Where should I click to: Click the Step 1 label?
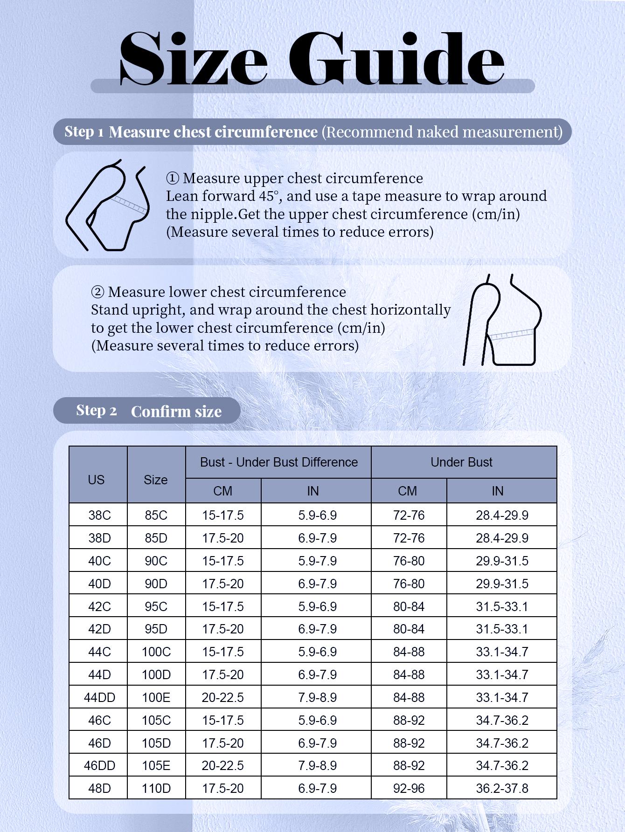pyautogui.click(x=84, y=132)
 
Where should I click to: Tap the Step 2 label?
pyautogui.click(x=96, y=411)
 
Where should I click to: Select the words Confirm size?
pyautogui.click(x=176, y=412)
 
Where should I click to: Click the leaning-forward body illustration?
pyautogui.click(x=107, y=205)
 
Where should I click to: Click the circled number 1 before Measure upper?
pyautogui.click(x=172, y=179)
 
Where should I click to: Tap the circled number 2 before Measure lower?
pyautogui.click(x=97, y=292)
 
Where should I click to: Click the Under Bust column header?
pyautogui.click(x=461, y=462)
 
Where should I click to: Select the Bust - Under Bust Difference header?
pyautogui.click(x=278, y=462)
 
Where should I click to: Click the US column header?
pyautogui.click(x=96, y=480)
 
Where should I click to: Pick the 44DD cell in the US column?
pyautogui.click(x=99, y=698)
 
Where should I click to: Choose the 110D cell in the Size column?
pyautogui.click(x=156, y=789)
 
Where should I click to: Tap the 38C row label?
pyautogui.click(x=99, y=516)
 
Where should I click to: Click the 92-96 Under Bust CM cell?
pyautogui.click(x=409, y=789)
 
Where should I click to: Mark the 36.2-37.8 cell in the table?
pyautogui.click(x=502, y=789)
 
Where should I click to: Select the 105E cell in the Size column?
pyautogui.click(x=156, y=766)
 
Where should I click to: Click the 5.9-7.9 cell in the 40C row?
pyautogui.click(x=317, y=561)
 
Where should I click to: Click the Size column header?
pyautogui.click(x=156, y=480)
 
